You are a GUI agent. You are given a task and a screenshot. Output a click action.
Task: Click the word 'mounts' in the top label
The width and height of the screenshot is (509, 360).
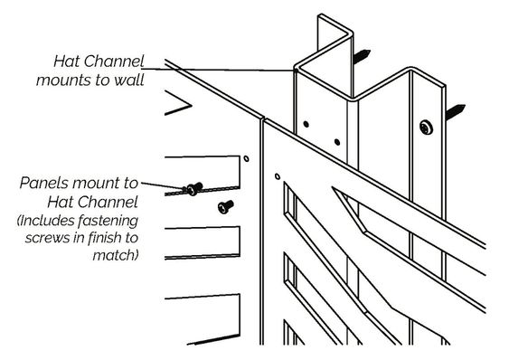click(64, 80)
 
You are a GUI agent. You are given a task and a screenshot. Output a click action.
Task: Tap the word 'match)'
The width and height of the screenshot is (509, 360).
click(116, 255)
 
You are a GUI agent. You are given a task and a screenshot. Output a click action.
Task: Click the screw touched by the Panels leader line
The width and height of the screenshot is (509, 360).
click(194, 188)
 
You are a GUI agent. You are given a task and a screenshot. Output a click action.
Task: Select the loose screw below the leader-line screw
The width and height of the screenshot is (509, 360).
click(225, 206)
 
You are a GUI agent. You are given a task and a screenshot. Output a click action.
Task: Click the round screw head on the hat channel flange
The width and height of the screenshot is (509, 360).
click(426, 128)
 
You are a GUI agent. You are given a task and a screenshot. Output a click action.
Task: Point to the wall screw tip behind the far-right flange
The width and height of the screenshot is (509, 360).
click(456, 111)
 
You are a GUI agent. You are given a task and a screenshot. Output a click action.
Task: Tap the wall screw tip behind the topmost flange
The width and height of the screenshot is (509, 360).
click(362, 56)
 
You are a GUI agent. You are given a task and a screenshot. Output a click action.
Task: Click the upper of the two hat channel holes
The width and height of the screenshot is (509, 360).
click(306, 124)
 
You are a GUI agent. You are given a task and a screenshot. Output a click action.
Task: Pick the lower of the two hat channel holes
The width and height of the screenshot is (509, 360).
click(337, 142)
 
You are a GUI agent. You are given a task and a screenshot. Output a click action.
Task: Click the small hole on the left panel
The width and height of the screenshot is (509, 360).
click(247, 158)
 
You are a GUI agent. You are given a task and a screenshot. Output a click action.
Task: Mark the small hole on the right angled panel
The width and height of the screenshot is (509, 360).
click(278, 176)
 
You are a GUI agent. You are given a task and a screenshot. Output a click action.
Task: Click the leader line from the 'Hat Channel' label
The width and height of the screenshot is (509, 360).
click(218, 70)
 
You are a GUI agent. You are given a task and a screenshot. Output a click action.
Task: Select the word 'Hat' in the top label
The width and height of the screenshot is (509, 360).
click(65, 62)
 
